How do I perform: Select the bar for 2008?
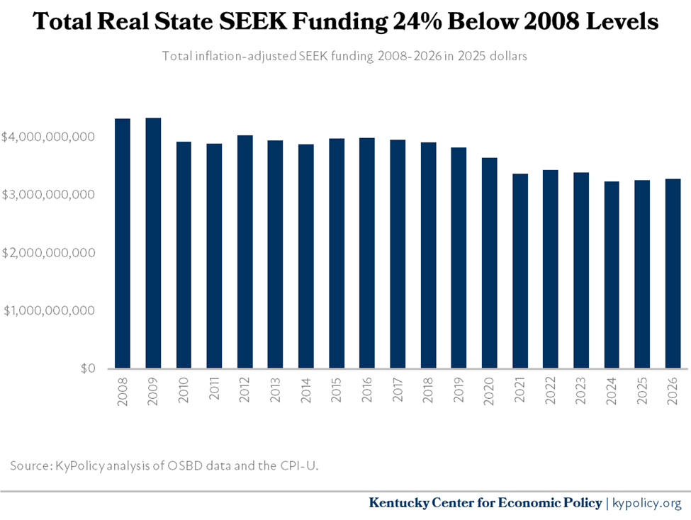[x=123, y=244]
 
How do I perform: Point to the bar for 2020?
[x=490, y=263]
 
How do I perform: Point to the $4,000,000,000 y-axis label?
[x=49, y=136]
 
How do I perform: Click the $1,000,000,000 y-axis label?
[x=49, y=310]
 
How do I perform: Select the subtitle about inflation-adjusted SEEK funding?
[x=344, y=56]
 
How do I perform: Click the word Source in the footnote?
[x=30, y=465]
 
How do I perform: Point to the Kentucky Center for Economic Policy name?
[x=485, y=503]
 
